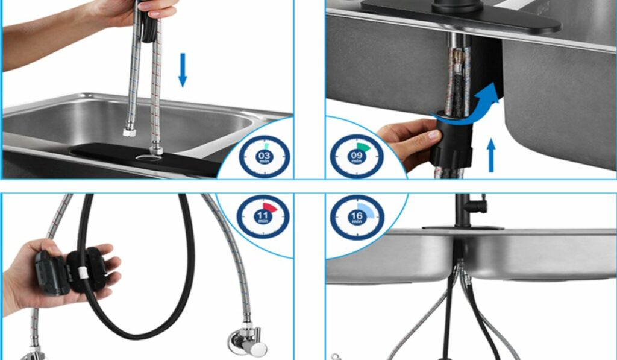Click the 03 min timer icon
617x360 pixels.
point(265,157)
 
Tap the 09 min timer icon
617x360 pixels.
point(357,156)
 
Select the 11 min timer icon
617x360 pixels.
point(263,216)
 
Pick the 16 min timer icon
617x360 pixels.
point(357,217)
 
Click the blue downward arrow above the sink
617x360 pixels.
point(183,70)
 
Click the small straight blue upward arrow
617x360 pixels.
point(491,155)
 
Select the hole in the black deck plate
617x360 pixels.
point(148,158)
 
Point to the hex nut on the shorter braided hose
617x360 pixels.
point(129,131)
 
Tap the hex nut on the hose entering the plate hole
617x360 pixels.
point(156,150)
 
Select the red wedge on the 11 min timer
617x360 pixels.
point(269,208)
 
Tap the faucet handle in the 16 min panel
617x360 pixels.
point(478,205)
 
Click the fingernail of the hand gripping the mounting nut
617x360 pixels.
point(434,135)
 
